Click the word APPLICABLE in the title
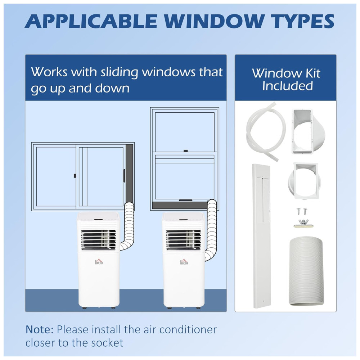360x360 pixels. [x=91, y=21]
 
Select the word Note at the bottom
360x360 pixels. [x=39, y=329]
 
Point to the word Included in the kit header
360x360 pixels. [x=287, y=86]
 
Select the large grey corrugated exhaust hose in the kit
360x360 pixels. [x=305, y=272]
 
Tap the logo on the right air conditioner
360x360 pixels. [x=184, y=261]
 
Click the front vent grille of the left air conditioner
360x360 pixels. [x=99, y=240]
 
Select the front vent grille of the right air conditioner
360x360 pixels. [x=184, y=240]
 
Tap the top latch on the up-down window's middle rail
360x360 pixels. [x=185, y=151]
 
